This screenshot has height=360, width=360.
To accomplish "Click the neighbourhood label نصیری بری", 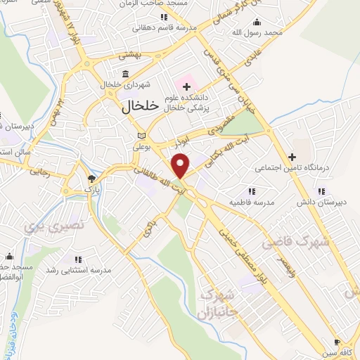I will click(x=44, y=226).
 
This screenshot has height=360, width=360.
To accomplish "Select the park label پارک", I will click(x=89, y=189).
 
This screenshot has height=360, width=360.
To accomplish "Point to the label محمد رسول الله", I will click(x=259, y=32).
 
